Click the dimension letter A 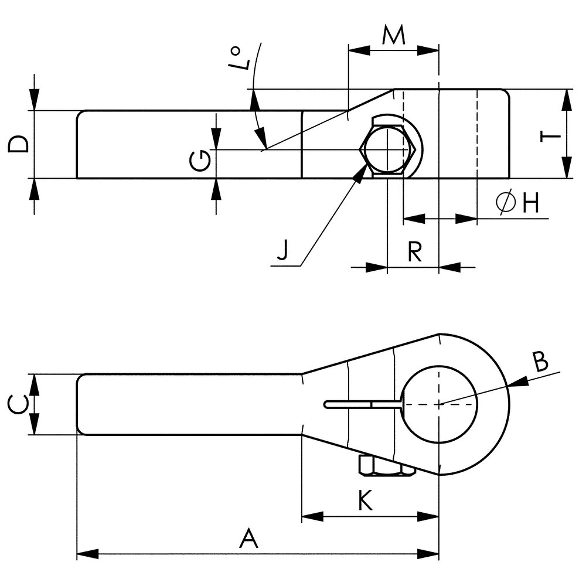pyautogui.click(x=249, y=537)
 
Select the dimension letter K pyautogui.click(x=364, y=500)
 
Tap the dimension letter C pyautogui.click(x=17, y=404)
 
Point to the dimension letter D pyautogui.click(x=18, y=144)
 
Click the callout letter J pyautogui.click(x=283, y=251)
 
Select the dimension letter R pyautogui.click(x=414, y=251)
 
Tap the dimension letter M pyautogui.click(x=393, y=36)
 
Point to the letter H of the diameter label pyautogui.click(x=530, y=203)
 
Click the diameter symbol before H pyautogui.click(x=505, y=203)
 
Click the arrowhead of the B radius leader pyautogui.click(x=516, y=383)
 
